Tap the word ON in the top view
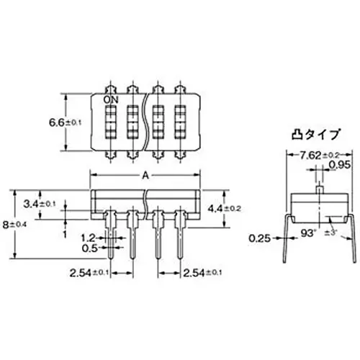pos(112,99)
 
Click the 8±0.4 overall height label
pos(14,225)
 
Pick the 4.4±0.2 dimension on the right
pos(223,208)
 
